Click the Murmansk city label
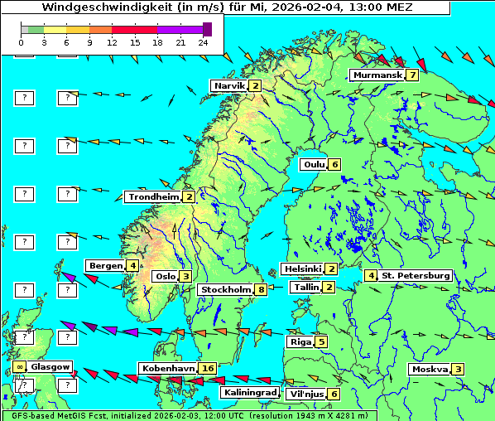coord(377,75)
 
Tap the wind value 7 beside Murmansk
coord(411,75)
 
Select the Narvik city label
coord(229,86)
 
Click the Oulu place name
coord(314,164)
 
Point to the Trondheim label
coord(153,197)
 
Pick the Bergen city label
coord(105,266)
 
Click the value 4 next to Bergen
coord(132,266)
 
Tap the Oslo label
coord(165,277)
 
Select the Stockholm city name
coord(225,290)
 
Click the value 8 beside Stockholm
coord(261,290)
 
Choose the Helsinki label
coord(302,269)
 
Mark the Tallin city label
coord(306,288)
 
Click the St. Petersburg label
coord(416,275)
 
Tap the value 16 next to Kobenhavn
coord(208,369)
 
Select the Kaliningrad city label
coord(250,393)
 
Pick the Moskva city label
coord(430,370)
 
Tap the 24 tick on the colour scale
coord(203,41)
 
